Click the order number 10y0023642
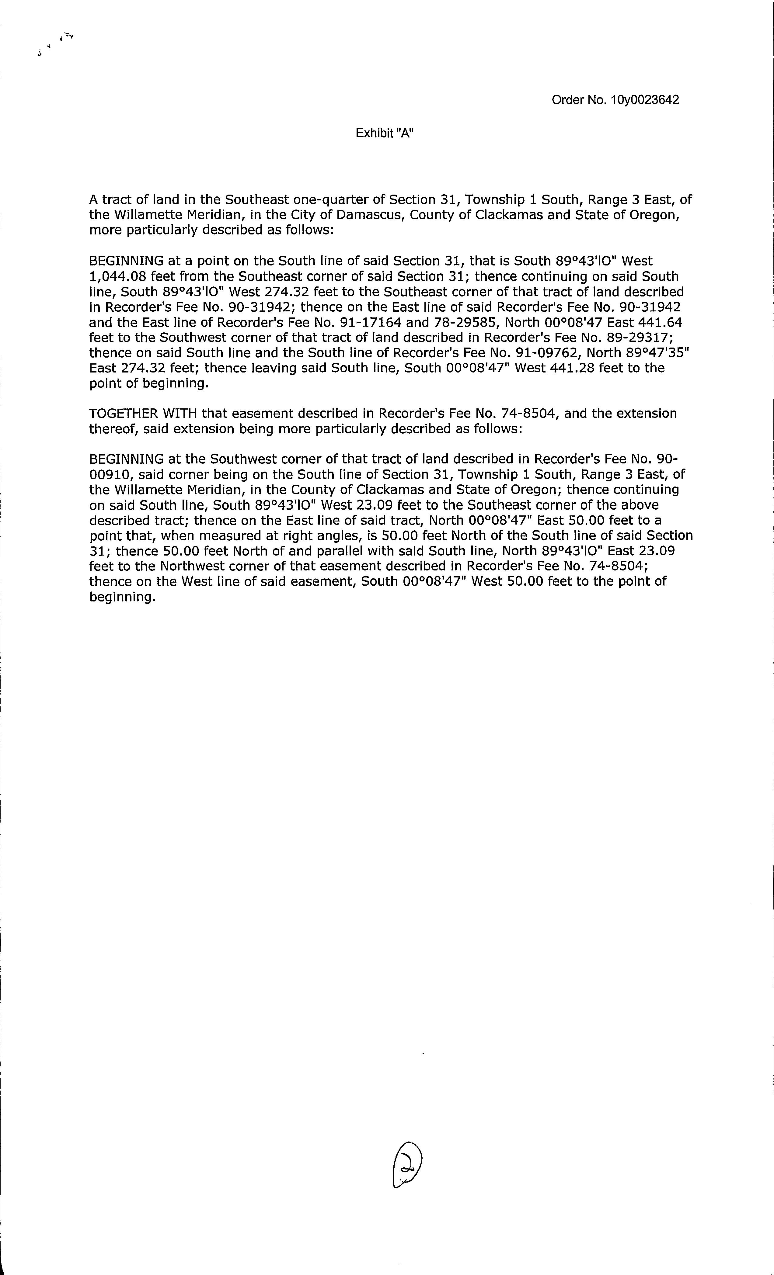644,100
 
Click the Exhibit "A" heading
385,133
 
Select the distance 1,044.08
117,277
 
